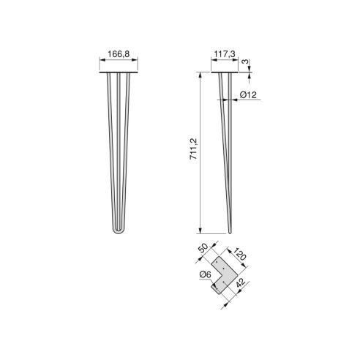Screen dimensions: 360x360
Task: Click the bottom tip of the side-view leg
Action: click(230, 233)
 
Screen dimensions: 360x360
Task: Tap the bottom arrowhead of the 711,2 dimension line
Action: click(200, 231)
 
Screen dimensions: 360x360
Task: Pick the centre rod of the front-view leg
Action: click(118, 146)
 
